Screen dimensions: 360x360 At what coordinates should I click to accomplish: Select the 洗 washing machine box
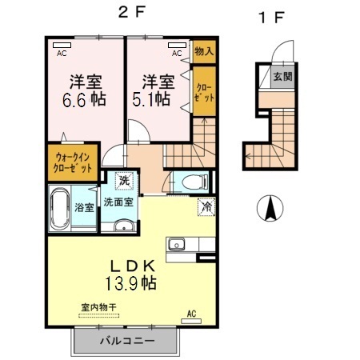pyautogui.click(x=125, y=180)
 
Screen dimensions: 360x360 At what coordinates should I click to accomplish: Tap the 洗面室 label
pyautogui.click(x=118, y=202)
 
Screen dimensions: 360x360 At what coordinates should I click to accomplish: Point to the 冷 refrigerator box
pyautogui.click(x=206, y=206)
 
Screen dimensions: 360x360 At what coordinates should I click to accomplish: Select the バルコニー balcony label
pyautogui.click(x=124, y=341)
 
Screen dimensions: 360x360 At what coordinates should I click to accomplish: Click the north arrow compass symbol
pyautogui.click(x=272, y=210)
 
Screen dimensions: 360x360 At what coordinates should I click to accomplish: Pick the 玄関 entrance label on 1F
pyautogui.click(x=282, y=77)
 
